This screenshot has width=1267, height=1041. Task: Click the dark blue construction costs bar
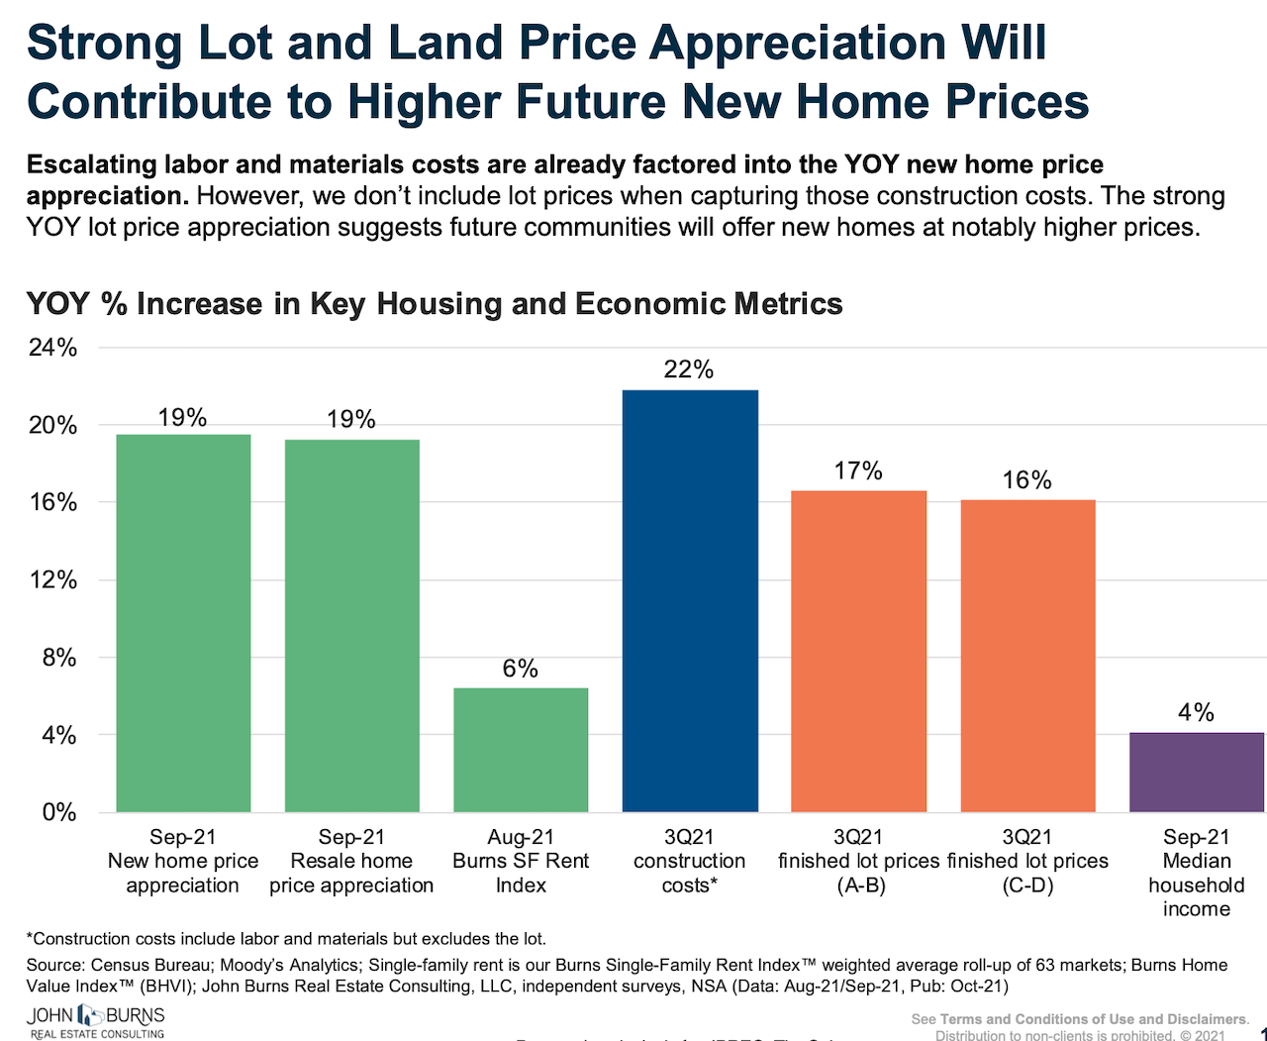[x=690, y=601]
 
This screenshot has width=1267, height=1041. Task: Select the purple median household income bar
[x=1196, y=773]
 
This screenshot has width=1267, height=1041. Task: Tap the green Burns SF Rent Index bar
[x=521, y=750]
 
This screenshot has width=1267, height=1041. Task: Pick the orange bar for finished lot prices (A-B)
[x=858, y=652]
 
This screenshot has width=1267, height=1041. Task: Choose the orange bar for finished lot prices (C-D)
[x=1027, y=656]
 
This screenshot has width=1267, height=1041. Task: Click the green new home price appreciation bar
[x=183, y=623]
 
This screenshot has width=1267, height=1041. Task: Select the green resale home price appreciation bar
[x=351, y=626]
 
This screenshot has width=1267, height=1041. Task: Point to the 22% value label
[x=689, y=369]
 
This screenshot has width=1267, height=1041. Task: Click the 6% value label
[x=521, y=669]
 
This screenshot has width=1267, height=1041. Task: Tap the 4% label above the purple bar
[x=1196, y=712]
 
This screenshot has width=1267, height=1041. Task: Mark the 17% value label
[x=858, y=470]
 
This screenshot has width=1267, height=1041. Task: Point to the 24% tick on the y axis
[x=53, y=348]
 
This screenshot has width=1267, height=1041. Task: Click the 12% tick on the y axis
[x=53, y=580]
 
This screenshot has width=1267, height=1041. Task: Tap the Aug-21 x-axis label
[x=521, y=838]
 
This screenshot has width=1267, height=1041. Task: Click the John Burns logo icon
[x=90, y=1015]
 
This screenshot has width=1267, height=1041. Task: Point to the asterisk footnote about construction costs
[x=286, y=939]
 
